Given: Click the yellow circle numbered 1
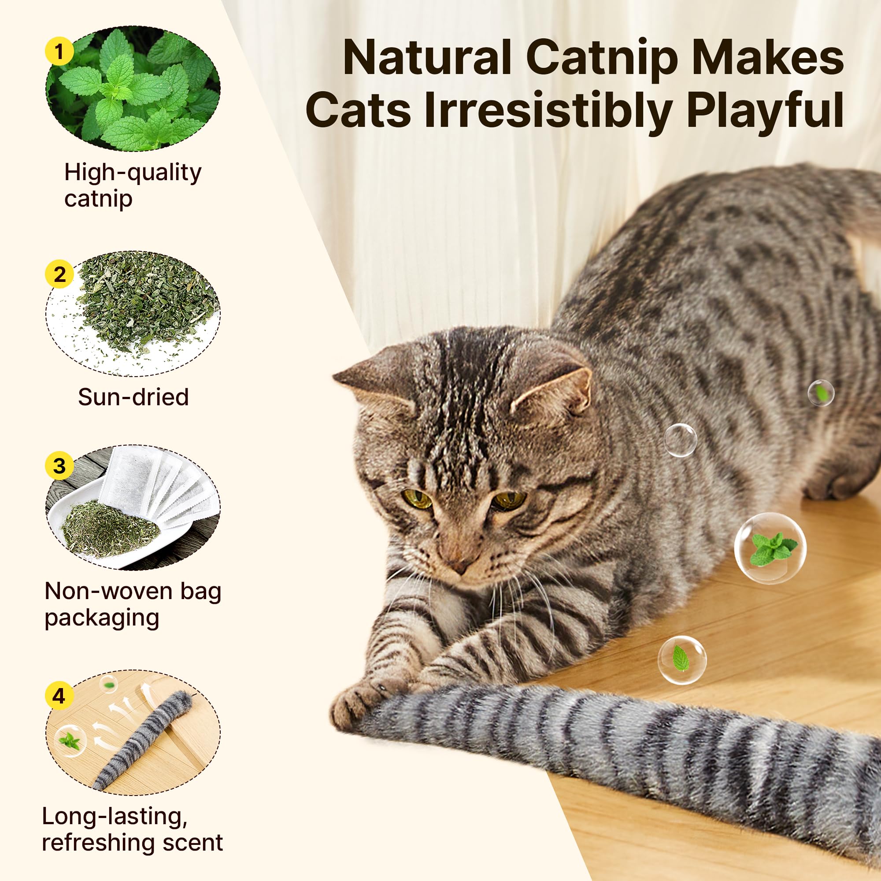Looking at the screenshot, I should (x=59, y=52).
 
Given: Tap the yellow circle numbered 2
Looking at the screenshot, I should (x=59, y=274).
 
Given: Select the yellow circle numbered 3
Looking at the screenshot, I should (x=59, y=466).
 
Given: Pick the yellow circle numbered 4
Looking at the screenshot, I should (x=59, y=696).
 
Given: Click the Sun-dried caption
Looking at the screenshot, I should (x=133, y=397).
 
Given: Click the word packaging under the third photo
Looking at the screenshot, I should (x=102, y=618).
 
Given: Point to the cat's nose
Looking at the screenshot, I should (x=458, y=566).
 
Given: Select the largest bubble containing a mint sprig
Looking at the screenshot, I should (x=770, y=548).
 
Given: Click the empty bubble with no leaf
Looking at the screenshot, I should (x=680, y=440).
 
